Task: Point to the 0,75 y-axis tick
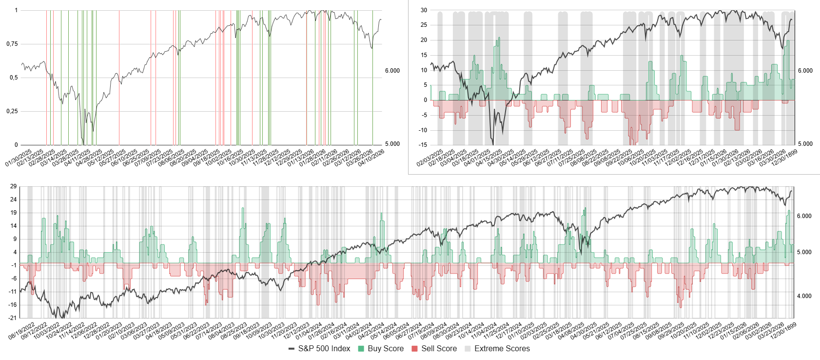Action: pos(12,44)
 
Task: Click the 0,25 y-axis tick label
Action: pos(12,111)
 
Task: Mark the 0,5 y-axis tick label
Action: pos(13,78)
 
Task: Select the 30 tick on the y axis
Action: pos(424,10)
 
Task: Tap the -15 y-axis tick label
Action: pos(423,145)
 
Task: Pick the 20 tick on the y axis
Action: pos(424,40)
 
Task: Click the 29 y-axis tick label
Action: pos(13,186)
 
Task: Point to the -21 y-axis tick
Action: pos(13,318)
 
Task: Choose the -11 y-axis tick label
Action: pos(13,292)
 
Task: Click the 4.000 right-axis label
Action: pos(804,296)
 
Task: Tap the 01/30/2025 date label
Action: pos(19,158)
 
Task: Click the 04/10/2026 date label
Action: pos(371,158)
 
